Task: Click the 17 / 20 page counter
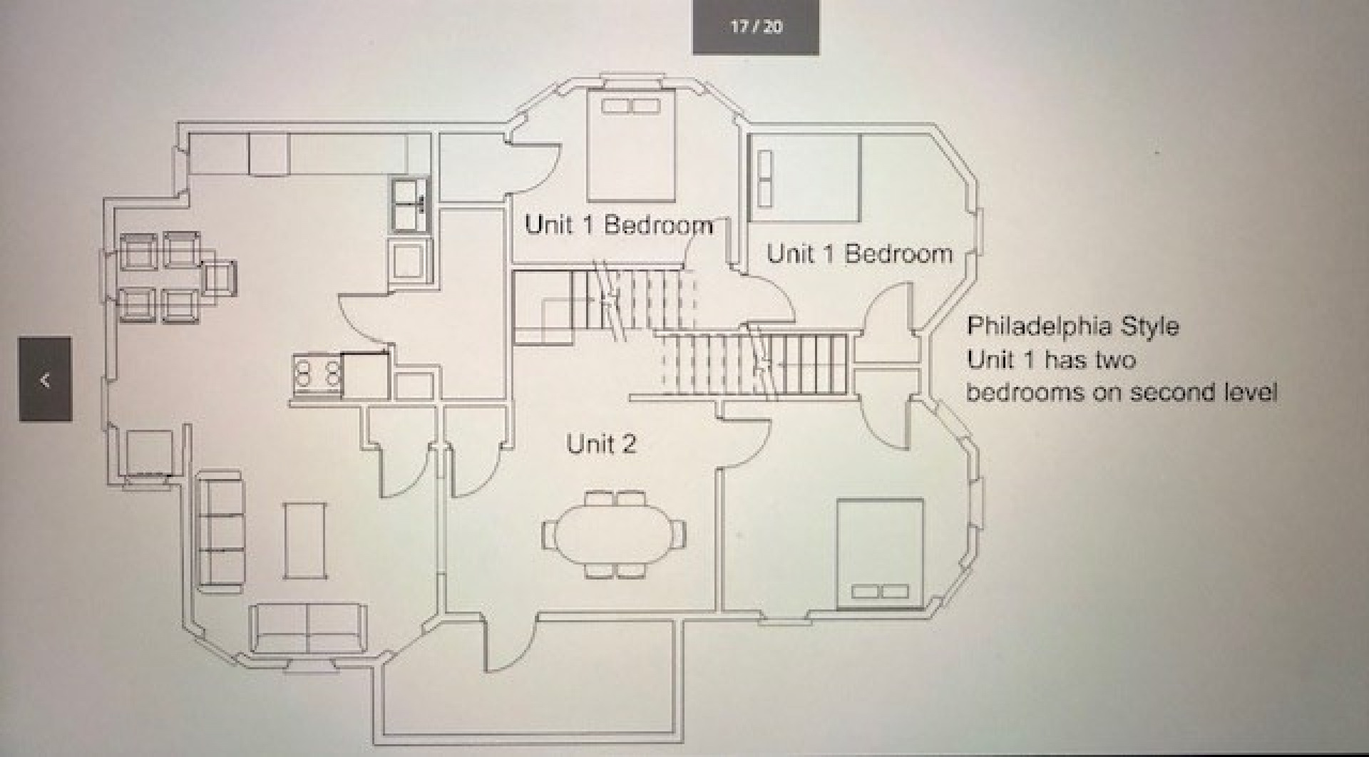[x=756, y=27]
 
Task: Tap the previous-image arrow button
[x=45, y=379]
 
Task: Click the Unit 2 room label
[x=601, y=443]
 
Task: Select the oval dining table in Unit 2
[x=614, y=534]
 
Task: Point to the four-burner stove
[x=318, y=374]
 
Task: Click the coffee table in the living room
[x=305, y=540]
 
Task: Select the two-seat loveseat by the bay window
[x=308, y=629]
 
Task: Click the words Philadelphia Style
[x=1072, y=326]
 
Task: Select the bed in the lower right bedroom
[x=880, y=554]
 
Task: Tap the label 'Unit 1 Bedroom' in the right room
[x=859, y=254]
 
